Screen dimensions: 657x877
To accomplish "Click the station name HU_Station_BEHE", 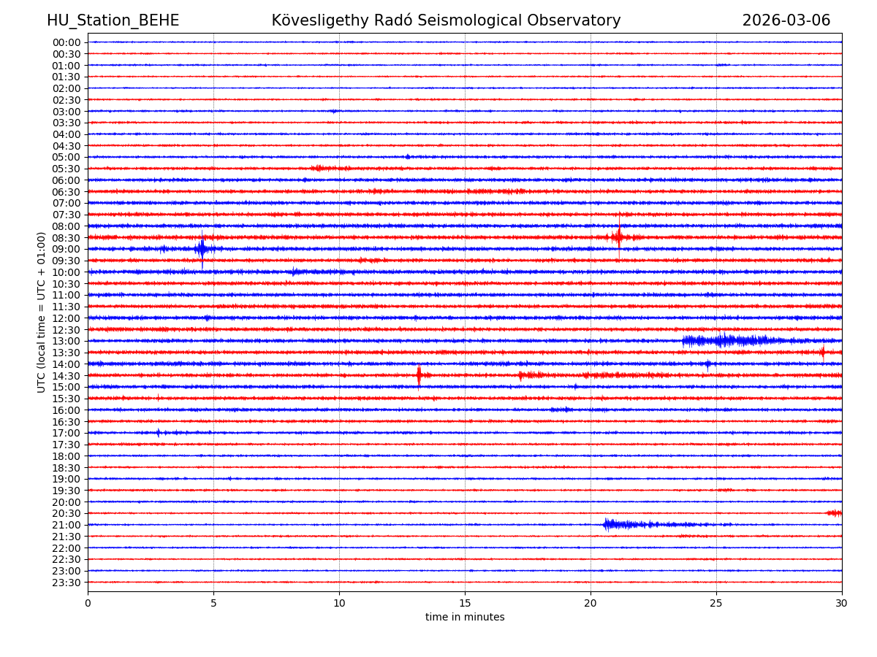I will click(x=113, y=20).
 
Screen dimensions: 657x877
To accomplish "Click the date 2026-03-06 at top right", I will click(x=786, y=20).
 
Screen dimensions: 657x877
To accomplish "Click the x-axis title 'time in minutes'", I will click(x=465, y=618).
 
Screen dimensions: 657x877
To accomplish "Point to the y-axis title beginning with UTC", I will click(x=42, y=312).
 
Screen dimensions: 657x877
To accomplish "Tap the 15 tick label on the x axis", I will click(x=465, y=604).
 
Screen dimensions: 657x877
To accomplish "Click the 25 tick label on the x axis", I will click(x=716, y=604).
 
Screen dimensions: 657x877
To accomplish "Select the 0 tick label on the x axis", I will click(x=88, y=604).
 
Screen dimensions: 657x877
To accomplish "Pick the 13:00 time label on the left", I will click(x=66, y=341).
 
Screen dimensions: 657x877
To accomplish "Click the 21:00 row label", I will click(x=66, y=525).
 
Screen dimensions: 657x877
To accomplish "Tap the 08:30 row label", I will click(x=66, y=238).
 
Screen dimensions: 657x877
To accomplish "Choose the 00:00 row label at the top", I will click(x=66, y=42).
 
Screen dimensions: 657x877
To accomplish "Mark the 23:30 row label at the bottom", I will click(x=66, y=583).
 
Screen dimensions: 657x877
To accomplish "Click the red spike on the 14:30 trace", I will click(x=419, y=375).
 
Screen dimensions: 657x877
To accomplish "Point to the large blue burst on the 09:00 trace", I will click(x=201, y=249).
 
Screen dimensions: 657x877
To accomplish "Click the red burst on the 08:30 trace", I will click(x=619, y=237).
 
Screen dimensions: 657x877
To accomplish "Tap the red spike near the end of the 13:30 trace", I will click(x=822, y=353).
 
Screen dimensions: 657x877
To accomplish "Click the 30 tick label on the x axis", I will click(x=842, y=604).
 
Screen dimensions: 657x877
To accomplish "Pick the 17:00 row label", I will click(x=66, y=433).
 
